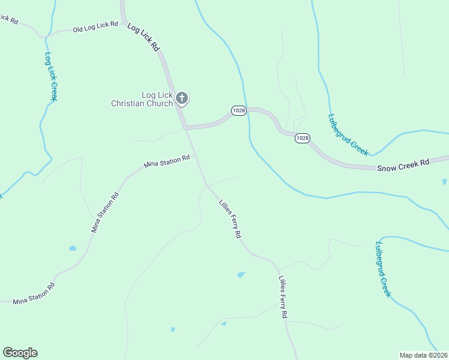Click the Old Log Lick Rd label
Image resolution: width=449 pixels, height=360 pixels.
pyautogui.click(x=95, y=28)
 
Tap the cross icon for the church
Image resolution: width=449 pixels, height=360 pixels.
pyautogui.click(x=182, y=97)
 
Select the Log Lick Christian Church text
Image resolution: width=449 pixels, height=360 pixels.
pyautogui.click(x=142, y=99)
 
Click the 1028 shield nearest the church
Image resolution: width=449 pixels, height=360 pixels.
pyautogui.click(x=239, y=110)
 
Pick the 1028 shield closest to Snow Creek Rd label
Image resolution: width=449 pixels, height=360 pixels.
pyautogui.click(x=303, y=138)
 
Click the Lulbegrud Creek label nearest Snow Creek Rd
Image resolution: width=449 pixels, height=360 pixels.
pyautogui.click(x=348, y=135)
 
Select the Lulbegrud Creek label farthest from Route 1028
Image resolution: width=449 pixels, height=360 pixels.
pyautogui.click(x=383, y=269)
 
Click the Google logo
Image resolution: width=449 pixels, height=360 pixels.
pyautogui.click(x=20, y=353)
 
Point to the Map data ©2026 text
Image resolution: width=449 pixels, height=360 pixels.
pyautogui.click(x=423, y=355)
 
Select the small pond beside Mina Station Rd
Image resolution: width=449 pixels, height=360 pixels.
pyautogui.click(x=73, y=248)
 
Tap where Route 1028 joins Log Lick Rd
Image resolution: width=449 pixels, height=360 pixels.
pyautogui.click(x=185, y=128)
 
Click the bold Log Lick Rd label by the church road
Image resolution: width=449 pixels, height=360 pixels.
pyautogui.click(x=144, y=37)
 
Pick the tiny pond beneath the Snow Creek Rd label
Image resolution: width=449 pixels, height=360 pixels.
pyautogui.click(x=444, y=181)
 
